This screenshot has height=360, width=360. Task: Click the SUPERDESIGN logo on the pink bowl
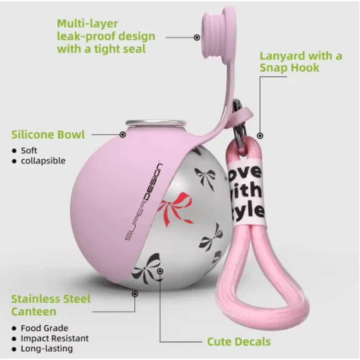(144, 202)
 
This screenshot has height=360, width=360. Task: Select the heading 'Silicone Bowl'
(48, 135)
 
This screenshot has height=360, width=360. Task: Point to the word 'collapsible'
(43, 161)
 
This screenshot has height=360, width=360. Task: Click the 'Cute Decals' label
(239, 342)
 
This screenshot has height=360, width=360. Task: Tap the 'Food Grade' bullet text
(45, 328)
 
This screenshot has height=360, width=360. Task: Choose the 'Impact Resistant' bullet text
(55, 338)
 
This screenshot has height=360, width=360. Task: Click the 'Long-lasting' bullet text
(47, 348)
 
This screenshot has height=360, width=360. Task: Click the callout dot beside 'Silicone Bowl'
(123, 135)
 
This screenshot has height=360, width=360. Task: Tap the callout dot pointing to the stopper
(197, 37)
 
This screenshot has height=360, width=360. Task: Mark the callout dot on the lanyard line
(260, 136)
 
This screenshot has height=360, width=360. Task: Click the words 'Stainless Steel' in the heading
(51, 299)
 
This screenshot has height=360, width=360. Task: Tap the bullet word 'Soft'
(29, 150)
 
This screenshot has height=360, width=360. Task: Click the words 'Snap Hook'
(289, 68)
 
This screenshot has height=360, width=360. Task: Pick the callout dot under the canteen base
(135, 294)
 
